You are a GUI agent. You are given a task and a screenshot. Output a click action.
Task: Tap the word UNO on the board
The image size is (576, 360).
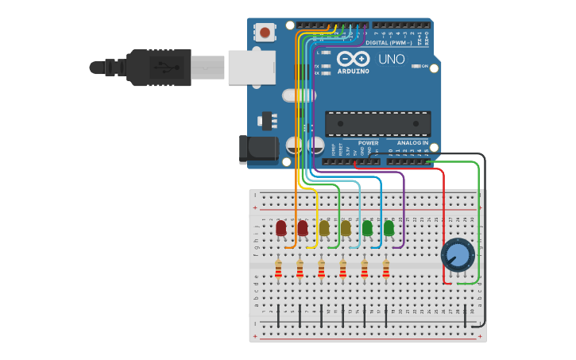click(392, 59)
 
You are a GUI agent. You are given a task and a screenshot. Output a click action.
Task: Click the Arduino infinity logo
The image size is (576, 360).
click(354, 59)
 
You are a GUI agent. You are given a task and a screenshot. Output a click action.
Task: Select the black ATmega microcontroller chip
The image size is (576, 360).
click(377, 123)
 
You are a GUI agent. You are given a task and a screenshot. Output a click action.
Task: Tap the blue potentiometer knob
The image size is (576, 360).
click(458, 255)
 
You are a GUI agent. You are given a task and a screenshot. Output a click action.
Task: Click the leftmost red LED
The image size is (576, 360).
click(280, 229)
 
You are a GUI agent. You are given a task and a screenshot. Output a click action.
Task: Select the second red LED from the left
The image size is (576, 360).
click(302, 229)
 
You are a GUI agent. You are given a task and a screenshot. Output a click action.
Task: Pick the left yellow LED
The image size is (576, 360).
click(323, 229)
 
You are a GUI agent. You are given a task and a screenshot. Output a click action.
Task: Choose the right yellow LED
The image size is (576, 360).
click(345, 229)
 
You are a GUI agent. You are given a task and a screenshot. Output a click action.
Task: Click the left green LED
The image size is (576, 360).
click(367, 229)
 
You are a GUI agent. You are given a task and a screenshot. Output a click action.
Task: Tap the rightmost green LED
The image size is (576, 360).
click(389, 229)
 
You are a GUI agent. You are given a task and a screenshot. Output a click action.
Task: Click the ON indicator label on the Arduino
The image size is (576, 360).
click(425, 66)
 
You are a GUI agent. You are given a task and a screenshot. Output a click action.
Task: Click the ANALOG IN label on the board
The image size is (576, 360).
click(412, 143)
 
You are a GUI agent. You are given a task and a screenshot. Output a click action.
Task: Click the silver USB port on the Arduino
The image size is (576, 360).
click(250, 67)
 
